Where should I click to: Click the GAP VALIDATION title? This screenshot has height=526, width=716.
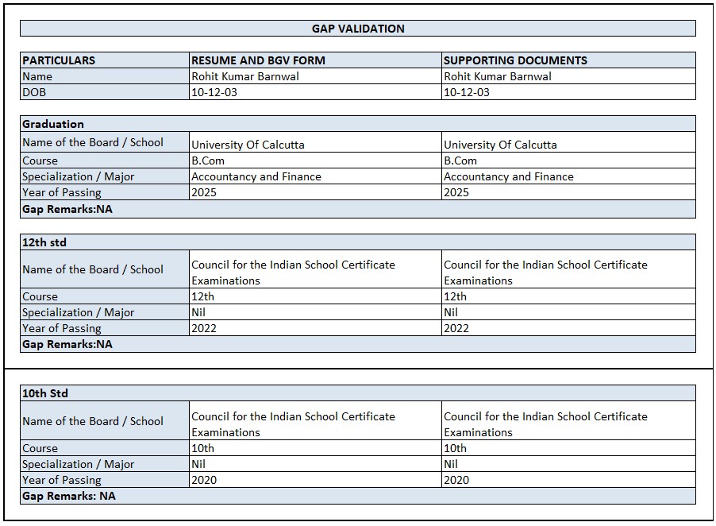[x=358, y=29]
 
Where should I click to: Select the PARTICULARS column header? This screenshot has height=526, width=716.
[x=59, y=60]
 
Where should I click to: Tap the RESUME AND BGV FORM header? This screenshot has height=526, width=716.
[x=258, y=60]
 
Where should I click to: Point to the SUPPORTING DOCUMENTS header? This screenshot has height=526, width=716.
[x=515, y=60]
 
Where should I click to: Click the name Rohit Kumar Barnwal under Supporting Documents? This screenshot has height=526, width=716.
[x=498, y=76]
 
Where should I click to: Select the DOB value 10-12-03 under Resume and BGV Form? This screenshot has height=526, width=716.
[x=214, y=92]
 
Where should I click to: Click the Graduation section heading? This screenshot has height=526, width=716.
[x=53, y=124]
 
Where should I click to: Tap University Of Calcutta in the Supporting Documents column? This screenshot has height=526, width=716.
[x=500, y=145]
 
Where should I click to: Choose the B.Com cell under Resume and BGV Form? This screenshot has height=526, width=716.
[x=208, y=161]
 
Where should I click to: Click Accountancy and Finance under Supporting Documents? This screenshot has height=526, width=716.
[x=508, y=176]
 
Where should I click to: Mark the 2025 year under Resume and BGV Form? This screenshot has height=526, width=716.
[x=204, y=192]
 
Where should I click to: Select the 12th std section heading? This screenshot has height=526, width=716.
[x=44, y=242]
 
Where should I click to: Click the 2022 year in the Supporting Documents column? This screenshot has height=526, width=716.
[x=456, y=328]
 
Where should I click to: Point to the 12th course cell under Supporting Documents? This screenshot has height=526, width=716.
[x=455, y=296]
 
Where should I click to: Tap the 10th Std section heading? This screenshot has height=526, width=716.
[x=45, y=393]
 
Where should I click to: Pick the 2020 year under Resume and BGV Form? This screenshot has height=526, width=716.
[x=204, y=480]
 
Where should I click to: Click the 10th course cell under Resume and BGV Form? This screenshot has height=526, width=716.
[x=202, y=448]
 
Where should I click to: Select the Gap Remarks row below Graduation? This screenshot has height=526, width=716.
[x=67, y=210]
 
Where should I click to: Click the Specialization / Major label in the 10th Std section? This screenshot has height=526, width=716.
[x=78, y=464]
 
